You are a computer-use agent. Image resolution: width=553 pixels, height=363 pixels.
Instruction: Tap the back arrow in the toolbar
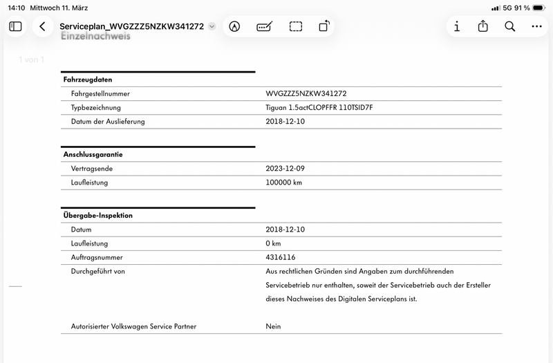43,26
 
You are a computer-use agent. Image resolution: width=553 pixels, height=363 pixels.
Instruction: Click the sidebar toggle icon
15,26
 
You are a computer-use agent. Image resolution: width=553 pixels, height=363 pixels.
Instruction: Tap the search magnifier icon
510,26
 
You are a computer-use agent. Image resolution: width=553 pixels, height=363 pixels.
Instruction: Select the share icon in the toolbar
483,26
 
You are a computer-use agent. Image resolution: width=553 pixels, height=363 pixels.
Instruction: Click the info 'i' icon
457,26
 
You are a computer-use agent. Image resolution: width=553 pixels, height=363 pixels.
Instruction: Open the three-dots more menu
537,26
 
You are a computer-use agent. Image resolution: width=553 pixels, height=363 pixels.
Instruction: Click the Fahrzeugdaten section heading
87,80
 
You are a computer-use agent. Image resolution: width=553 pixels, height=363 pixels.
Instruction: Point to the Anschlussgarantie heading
93,154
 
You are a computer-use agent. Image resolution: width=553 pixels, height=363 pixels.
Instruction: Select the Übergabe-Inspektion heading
97,215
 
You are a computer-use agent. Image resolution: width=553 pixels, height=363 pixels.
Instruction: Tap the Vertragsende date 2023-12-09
285,168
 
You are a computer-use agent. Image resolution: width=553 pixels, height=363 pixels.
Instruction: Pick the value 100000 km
283,183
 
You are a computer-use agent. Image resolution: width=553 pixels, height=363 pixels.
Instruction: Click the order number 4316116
281,257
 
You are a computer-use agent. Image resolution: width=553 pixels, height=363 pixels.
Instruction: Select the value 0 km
273,243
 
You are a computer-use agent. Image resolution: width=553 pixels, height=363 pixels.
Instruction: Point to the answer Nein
273,326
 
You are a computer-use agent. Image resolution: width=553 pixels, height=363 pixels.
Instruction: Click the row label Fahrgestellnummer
100,93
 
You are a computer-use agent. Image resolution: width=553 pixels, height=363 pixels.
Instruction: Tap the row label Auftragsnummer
97,257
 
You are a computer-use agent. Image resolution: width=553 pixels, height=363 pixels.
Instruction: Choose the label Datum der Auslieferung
108,122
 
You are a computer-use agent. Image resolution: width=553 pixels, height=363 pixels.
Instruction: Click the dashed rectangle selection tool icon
296,26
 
